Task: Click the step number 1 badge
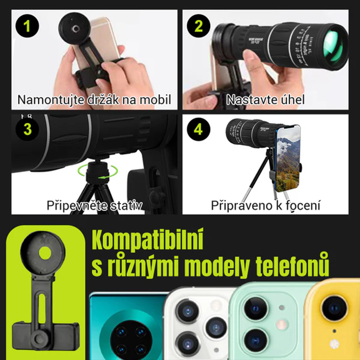pos(27,26)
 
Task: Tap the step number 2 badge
pos(198,26)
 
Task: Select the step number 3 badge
pos(27,129)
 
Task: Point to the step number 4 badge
pos(198,129)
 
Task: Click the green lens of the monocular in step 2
pos(333,48)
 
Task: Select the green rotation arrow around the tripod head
pos(98,171)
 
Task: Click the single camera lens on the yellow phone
pos(334,308)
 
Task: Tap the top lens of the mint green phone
pos(256,308)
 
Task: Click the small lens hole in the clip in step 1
pos(75,29)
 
